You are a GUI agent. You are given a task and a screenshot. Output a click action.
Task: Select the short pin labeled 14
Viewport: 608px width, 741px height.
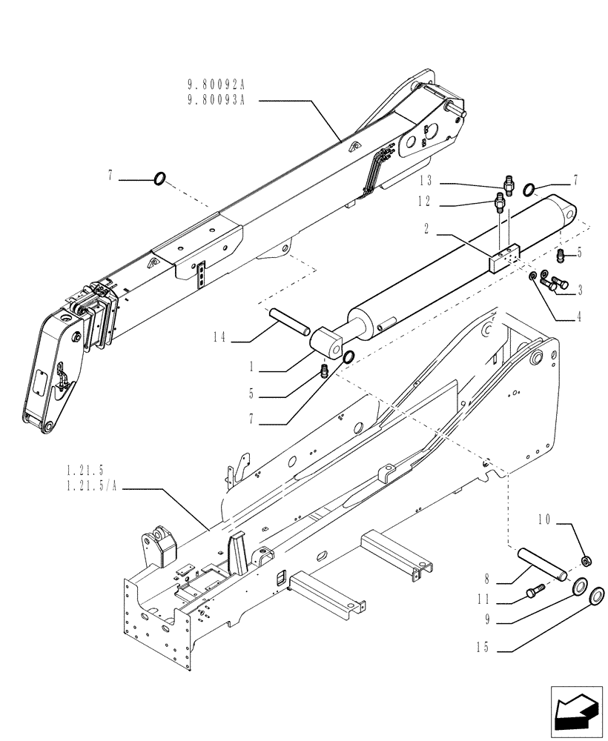point(290,325)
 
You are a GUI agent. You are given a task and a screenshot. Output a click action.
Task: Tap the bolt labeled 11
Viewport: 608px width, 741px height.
point(535,591)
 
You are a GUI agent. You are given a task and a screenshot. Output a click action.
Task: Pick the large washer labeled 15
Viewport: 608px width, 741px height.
point(595,598)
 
